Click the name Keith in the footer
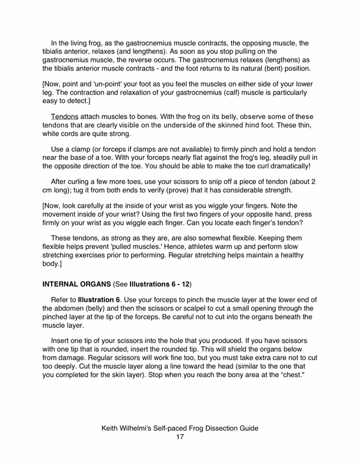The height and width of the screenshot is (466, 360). tap(113, 427)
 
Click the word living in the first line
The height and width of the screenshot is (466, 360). tap(85, 43)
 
